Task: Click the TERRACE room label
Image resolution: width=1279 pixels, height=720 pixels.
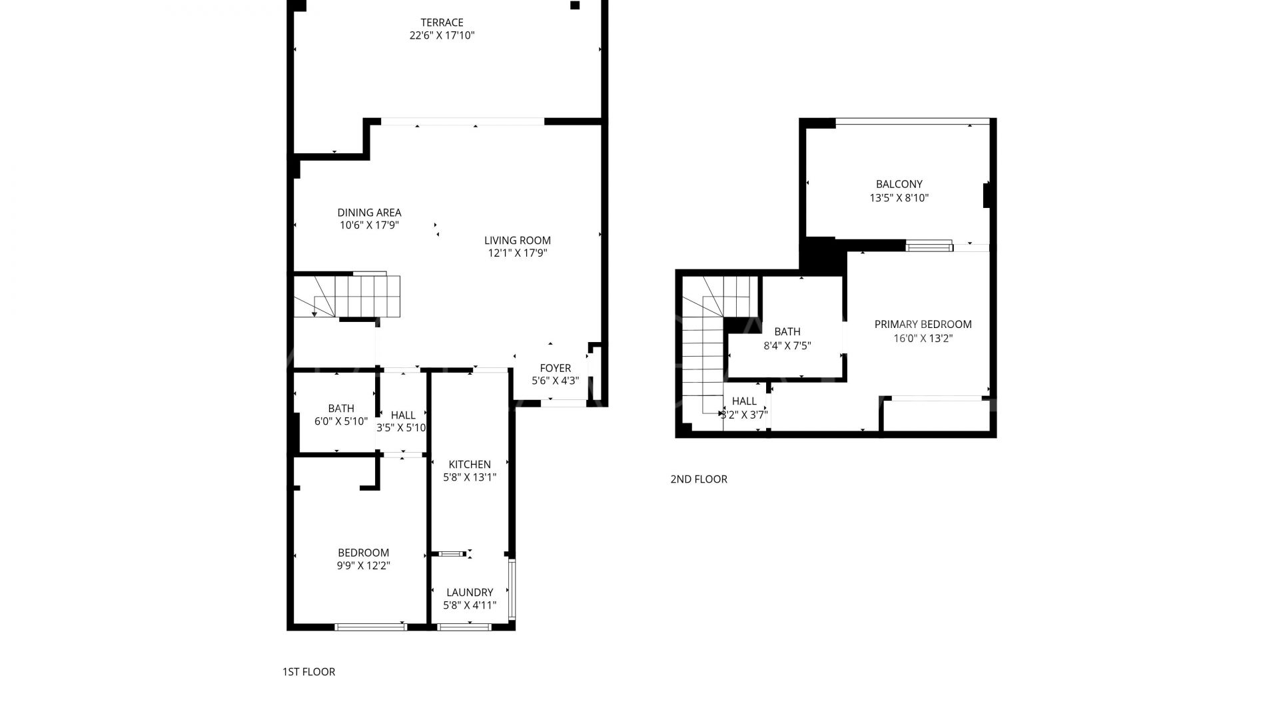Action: [442, 23]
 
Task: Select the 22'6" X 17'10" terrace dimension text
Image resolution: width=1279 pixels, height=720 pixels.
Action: [442, 35]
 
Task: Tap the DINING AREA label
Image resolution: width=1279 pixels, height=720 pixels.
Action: [369, 213]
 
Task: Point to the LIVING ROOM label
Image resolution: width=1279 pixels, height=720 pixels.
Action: [517, 241]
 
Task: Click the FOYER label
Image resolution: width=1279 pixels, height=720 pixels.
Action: [555, 368]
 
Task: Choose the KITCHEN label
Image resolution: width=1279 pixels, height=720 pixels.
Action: [470, 465]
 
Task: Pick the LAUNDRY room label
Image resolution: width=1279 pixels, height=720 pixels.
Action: [470, 593]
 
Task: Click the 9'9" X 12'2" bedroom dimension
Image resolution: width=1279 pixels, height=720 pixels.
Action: [363, 566]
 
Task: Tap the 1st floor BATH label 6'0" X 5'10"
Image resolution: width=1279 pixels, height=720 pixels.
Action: [341, 409]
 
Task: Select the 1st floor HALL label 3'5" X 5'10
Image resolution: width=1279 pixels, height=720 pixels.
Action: [403, 415]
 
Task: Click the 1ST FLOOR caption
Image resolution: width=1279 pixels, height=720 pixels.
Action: [308, 672]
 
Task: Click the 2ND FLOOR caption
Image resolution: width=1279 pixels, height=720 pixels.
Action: [699, 479]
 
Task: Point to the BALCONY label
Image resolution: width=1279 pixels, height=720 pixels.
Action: [899, 185]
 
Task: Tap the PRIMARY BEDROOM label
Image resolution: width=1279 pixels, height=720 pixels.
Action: [923, 325]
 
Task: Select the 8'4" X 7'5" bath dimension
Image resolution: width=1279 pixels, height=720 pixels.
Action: [787, 345]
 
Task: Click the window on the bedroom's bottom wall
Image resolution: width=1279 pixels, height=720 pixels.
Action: [370, 627]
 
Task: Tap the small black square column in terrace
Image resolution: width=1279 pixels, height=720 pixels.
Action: [575, 6]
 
